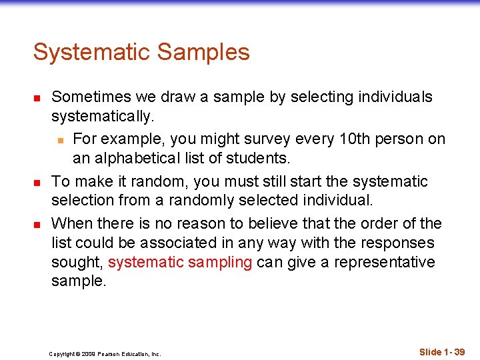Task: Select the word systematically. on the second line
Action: tap(103, 117)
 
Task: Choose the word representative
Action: tap(384, 263)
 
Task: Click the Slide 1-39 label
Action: tap(442, 351)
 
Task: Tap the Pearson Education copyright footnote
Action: tap(105, 354)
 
